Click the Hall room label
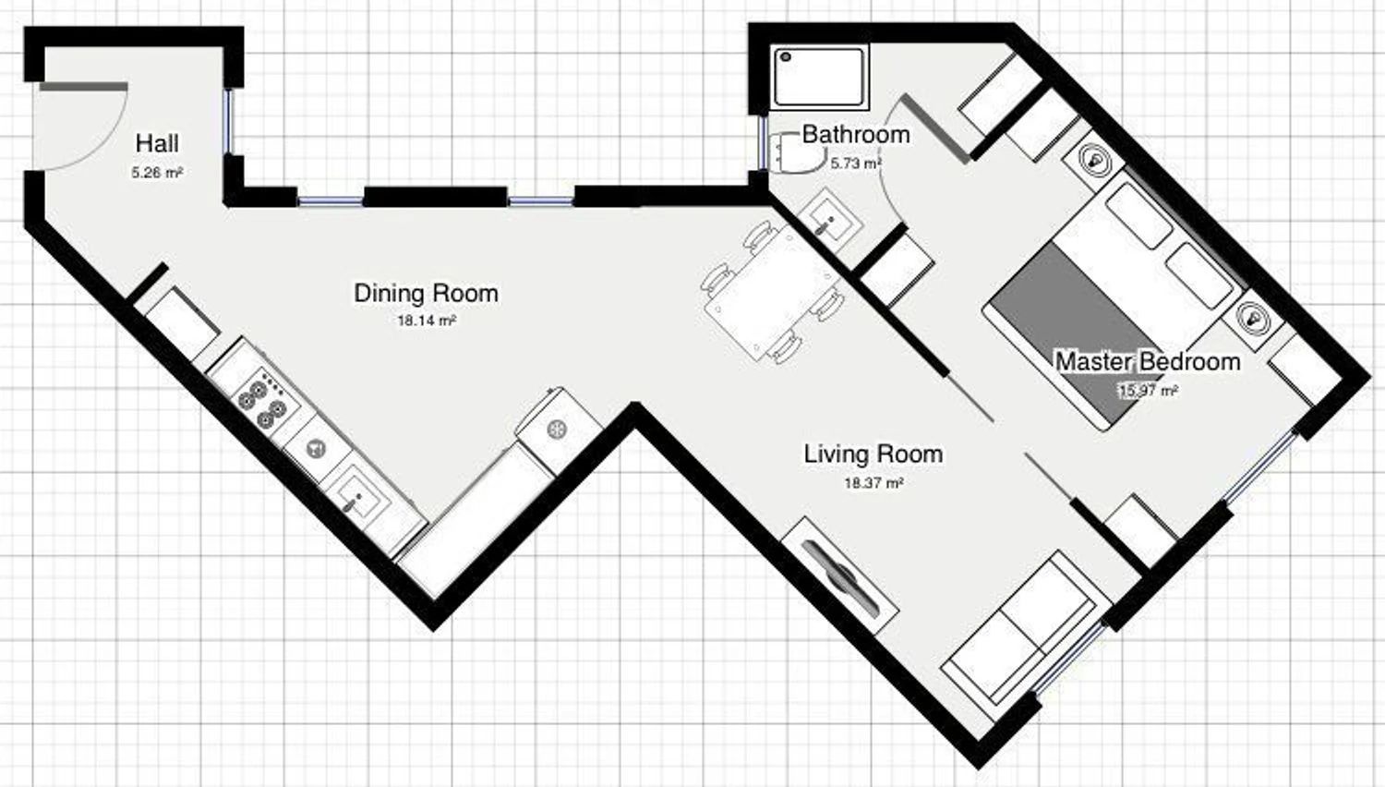(x=157, y=143)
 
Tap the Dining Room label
(x=426, y=293)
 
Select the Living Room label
(x=873, y=454)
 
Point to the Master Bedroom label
(x=1148, y=362)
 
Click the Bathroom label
(x=856, y=134)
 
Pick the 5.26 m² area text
(x=157, y=173)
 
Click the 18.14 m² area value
(x=427, y=321)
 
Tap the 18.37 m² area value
(x=873, y=482)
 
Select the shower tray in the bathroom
(x=819, y=77)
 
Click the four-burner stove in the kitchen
(x=262, y=398)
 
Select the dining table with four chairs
(x=772, y=292)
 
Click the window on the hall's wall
(x=229, y=121)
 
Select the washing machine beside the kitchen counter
(x=559, y=430)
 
